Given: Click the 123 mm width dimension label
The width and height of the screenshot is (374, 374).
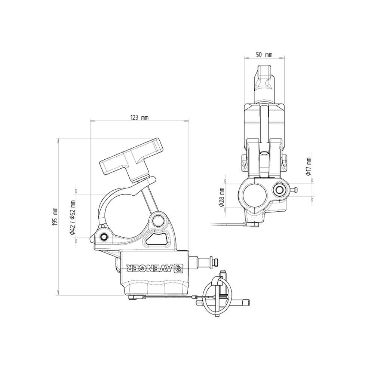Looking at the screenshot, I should [139, 117].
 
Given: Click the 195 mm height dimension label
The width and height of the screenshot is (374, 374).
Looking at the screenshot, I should [55, 216].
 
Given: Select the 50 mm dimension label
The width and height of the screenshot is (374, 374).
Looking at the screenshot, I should [264, 55].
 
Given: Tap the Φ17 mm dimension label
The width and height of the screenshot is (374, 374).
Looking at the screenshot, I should [309, 167].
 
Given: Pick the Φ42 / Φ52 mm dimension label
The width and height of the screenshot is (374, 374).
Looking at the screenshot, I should [73, 217].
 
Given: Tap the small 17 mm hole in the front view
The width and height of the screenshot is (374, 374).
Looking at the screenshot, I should [279, 190].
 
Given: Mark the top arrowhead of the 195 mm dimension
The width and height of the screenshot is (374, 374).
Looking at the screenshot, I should [58, 141].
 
